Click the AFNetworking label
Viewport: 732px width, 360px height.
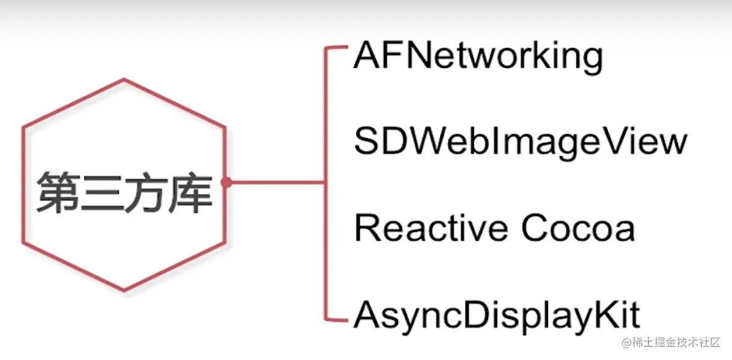coord(477,57)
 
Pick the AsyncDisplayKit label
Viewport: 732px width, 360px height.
coord(496,315)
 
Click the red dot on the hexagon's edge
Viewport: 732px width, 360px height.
coord(227,182)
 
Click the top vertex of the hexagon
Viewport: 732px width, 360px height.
coord(124,79)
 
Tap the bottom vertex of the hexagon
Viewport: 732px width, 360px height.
coord(124,289)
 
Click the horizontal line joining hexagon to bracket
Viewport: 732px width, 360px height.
coord(275,182)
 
